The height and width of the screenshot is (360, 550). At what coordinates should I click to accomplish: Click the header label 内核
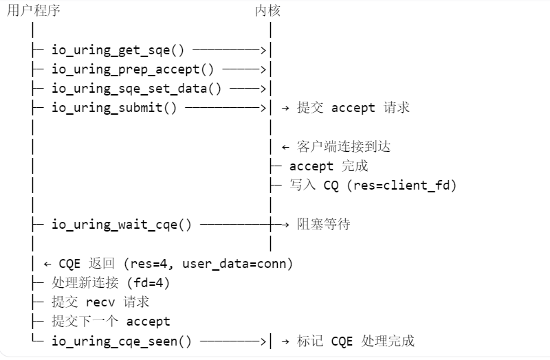tap(267, 10)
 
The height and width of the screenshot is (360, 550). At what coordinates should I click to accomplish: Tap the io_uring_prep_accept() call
tap(133, 69)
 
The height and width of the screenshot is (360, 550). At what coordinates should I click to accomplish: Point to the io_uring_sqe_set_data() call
tap(137, 88)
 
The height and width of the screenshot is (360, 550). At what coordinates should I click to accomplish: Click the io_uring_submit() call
tap(114, 107)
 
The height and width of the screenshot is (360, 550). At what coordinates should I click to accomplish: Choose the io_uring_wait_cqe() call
tap(122, 224)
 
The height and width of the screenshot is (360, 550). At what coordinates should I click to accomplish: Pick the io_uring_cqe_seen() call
tap(122, 341)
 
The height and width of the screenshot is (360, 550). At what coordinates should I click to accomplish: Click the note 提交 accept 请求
tap(353, 107)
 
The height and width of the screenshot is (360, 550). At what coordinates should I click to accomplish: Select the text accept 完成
tap(329, 166)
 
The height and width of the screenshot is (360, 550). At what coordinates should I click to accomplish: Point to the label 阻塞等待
tap(323, 224)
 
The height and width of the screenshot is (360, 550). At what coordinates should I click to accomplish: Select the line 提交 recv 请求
tap(100, 302)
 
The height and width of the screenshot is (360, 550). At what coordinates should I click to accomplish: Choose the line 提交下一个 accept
tap(111, 321)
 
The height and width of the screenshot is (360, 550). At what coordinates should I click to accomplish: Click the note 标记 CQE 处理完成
tap(355, 341)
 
